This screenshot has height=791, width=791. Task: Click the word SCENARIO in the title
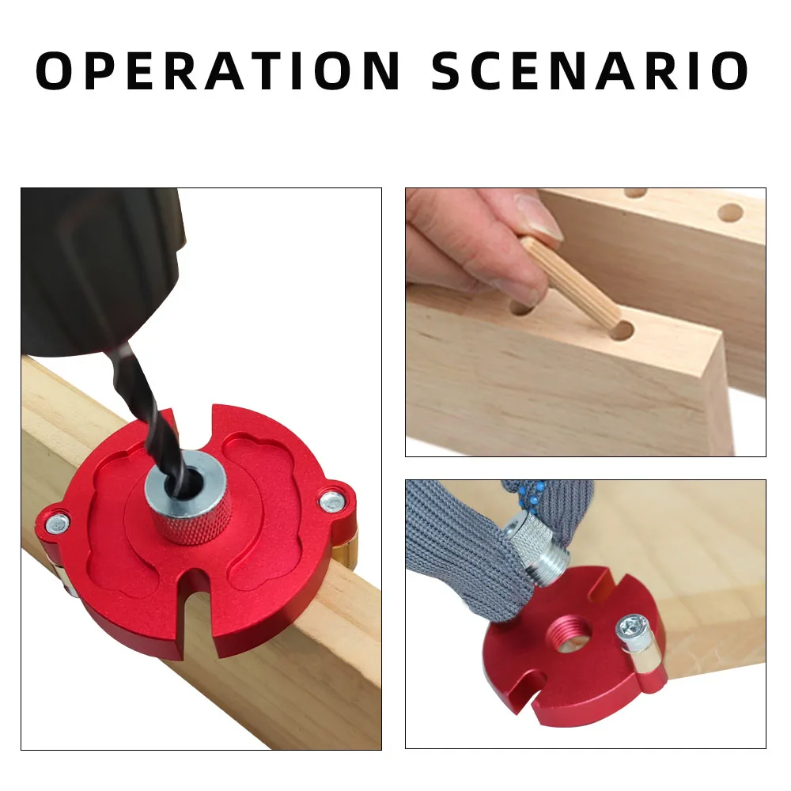pyautogui.click(x=590, y=71)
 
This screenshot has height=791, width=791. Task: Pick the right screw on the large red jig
pyautogui.click(x=331, y=500)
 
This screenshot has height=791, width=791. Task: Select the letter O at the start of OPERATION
pyautogui.click(x=61, y=71)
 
